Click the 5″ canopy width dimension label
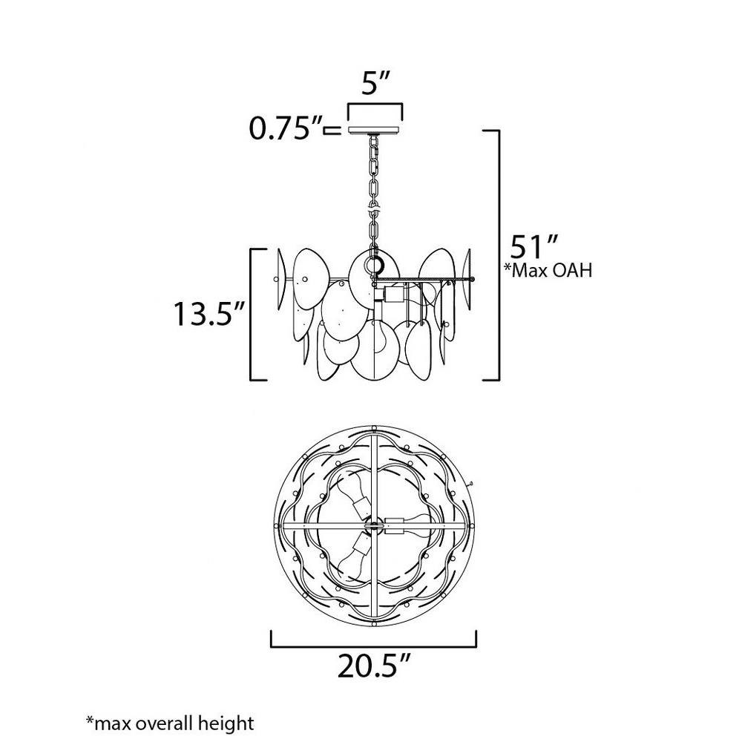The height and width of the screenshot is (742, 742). [x=375, y=83]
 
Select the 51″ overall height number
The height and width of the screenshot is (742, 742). [x=534, y=246]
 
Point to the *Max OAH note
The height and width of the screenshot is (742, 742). [x=548, y=270]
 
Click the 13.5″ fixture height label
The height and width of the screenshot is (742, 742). [x=209, y=313]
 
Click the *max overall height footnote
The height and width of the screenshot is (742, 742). [x=170, y=723]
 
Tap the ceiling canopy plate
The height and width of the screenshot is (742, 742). [x=375, y=130]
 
